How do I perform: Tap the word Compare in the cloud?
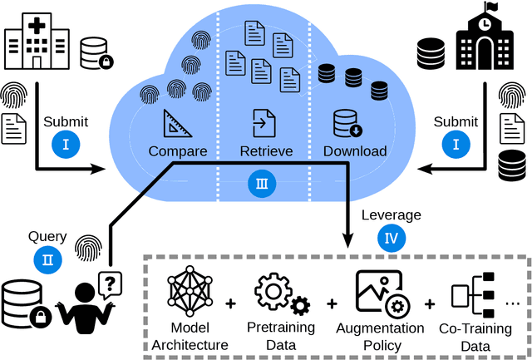click(177, 151)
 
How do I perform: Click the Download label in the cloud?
click(355, 151)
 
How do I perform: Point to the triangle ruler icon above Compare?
click(178, 124)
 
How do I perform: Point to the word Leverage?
click(391, 215)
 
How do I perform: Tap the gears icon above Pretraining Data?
click(282, 293)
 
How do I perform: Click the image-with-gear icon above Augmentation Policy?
click(380, 293)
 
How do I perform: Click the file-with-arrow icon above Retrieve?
click(264, 124)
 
